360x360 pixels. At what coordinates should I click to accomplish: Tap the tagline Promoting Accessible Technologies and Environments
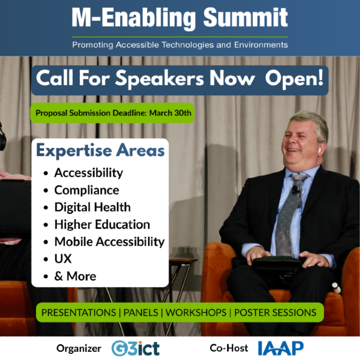(x=180, y=44)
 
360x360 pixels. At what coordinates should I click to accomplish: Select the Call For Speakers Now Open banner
(x=180, y=80)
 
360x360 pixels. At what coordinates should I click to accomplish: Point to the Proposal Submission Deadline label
(x=113, y=113)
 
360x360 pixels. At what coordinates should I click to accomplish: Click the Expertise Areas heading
(x=100, y=151)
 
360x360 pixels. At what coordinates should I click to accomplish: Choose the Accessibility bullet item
(x=88, y=173)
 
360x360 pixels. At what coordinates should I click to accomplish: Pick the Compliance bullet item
(x=87, y=190)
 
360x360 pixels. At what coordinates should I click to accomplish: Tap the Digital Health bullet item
(x=92, y=207)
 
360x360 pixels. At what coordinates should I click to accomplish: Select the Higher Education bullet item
(x=102, y=224)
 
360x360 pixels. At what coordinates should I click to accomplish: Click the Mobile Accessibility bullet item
(x=109, y=241)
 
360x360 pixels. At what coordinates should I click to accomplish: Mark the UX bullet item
(x=63, y=259)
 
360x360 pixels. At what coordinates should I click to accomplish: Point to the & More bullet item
(x=75, y=276)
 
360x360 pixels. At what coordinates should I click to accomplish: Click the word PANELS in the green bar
(x=141, y=313)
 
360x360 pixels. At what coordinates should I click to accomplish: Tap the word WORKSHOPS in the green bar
(x=196, y=313)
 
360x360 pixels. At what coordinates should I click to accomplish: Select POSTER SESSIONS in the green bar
(x=275, y=313)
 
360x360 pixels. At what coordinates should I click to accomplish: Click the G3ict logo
(x=135, y=348)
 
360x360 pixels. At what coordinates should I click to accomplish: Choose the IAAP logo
(x=281, y=348)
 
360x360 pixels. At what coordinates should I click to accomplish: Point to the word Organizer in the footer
(x=79, y=349)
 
